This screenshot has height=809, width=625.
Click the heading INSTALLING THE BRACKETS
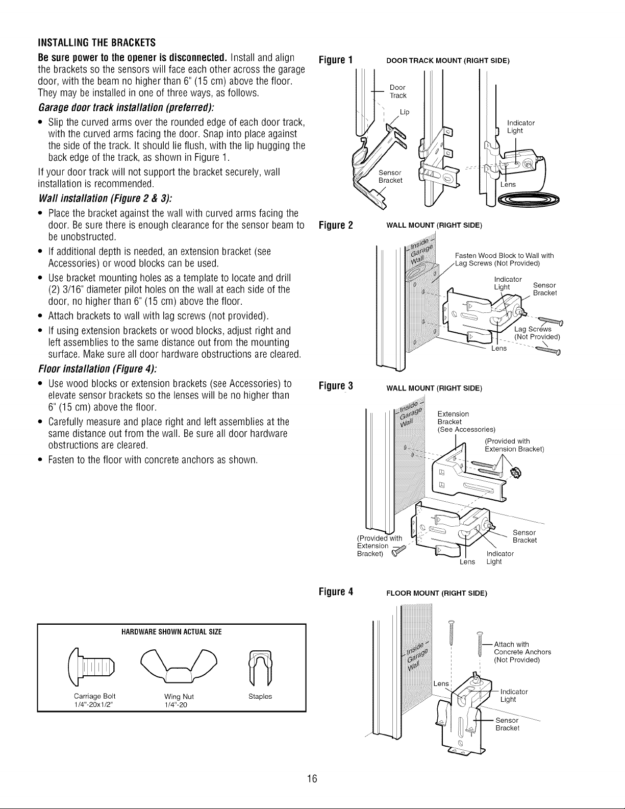tap(97, 42)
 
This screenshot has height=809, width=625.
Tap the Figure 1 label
tap(336, 60)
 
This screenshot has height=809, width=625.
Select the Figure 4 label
tap(336, 592)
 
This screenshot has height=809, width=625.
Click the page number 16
tap(312, 778)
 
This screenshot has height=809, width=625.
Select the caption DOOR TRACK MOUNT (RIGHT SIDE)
tap(448, 61)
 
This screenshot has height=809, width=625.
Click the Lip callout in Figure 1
tap(405, 112)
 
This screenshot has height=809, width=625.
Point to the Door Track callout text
tap(397, 91)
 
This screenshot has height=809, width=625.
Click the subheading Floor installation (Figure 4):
tap(98, 369)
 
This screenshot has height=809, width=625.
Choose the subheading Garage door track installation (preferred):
tap(127, 108)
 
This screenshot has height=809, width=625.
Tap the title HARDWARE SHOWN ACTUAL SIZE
tap(171, 632)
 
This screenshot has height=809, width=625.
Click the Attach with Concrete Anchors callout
tap(522, 652)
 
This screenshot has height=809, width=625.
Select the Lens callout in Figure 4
tap(441, 683)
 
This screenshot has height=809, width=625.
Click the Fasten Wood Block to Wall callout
tap(504, 259)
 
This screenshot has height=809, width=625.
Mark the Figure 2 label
tap(336, 225)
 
